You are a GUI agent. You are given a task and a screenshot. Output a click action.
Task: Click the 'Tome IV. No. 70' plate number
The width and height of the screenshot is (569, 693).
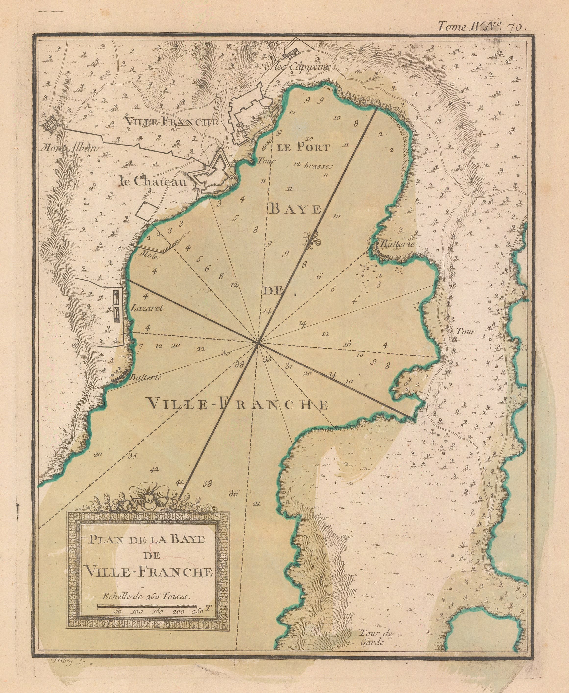click(x=482, y=26)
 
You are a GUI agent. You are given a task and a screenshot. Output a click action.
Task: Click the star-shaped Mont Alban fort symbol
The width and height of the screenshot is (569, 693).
click(x=51, y=124)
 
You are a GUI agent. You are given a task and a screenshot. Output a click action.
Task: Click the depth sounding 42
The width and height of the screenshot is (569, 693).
click(x=154, y=470)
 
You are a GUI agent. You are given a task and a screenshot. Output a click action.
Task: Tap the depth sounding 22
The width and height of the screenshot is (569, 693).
click(x=201, y=349)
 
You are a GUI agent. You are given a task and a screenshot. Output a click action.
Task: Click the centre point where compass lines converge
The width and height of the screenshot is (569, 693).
click(x=258, y=342)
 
